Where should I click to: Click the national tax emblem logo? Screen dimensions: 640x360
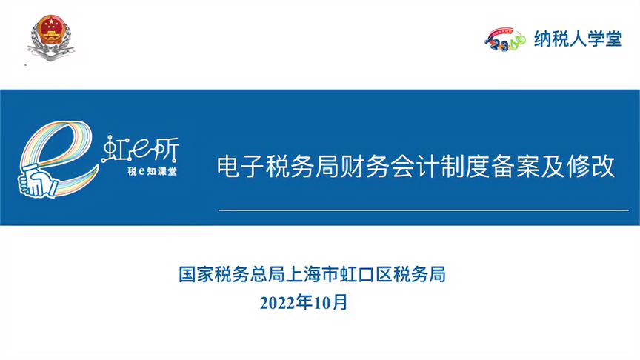pyautogui.click(x=50, y=38)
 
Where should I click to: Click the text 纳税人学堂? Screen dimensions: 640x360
pyautogui.click(x=578, y=39)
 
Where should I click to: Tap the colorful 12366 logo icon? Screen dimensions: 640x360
pyautogui.click(x=505, y=40)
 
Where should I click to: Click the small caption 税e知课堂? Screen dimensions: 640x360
pyautogui.click(x=152, y=171)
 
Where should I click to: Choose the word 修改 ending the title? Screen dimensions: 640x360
pyautogui.click(x=590, y=166)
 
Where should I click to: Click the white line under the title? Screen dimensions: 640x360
pyautogui.click(x=424, y=210)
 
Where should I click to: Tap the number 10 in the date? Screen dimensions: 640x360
pyautogui.click(x=322, y=303)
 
